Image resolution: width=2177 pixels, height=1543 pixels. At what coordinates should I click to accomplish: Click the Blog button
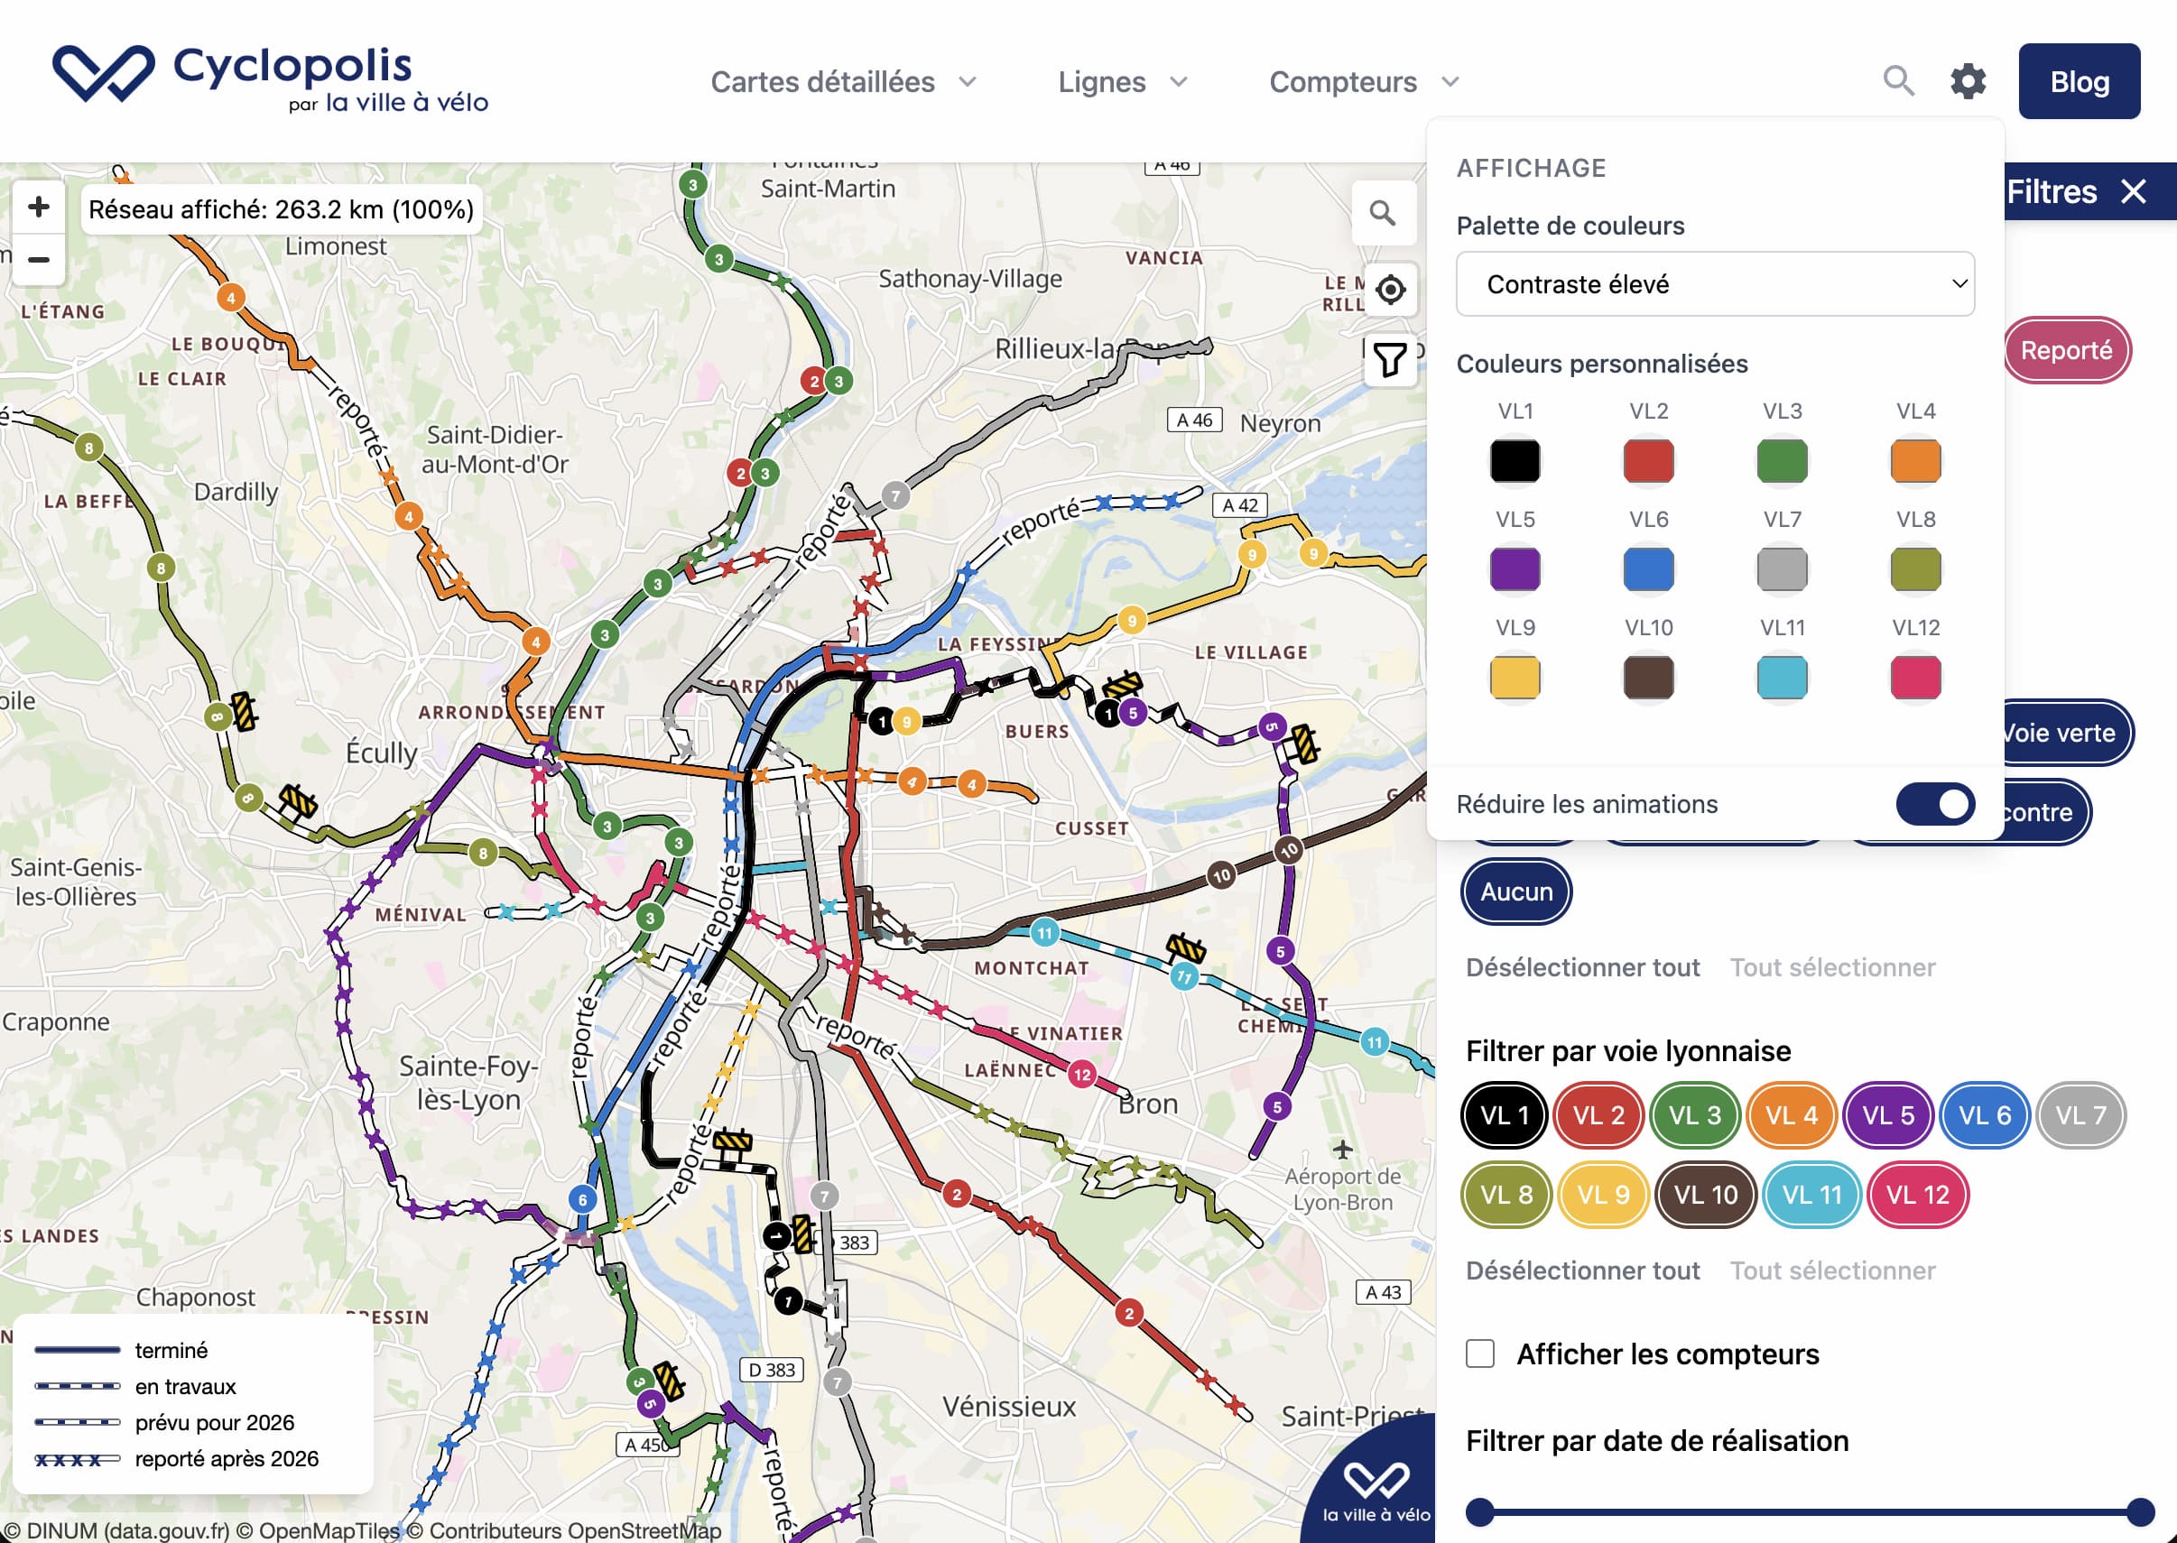click(2079, 82)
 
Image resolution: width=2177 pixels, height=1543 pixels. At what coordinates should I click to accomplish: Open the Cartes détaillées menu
click(842, 83)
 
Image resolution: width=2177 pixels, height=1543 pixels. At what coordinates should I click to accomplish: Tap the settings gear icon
click(1967, 82)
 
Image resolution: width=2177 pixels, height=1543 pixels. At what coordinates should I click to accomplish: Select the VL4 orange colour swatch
click(1914, 462)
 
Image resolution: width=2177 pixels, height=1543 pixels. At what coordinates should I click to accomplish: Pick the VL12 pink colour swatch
click(1914, 678)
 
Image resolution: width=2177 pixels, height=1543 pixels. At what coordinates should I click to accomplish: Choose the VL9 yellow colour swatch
click(1515, 678)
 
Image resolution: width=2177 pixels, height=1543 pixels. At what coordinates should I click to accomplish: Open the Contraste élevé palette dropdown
click(1714, 284)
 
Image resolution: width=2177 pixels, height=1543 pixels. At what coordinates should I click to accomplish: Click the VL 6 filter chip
click(1984, 1114)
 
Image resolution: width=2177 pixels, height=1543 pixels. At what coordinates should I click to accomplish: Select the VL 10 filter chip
click(1705, 1195)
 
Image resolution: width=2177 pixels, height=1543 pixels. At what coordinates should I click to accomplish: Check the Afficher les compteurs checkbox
click(1479, 1354)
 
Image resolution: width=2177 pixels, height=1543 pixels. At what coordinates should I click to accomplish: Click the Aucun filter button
click(1515, 892)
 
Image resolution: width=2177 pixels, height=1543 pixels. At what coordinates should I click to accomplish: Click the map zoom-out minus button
click(39, 259)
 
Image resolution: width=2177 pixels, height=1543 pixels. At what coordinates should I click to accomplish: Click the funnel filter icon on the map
click(1389, 360)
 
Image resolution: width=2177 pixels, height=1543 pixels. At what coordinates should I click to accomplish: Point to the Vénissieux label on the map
click(1008, 1406)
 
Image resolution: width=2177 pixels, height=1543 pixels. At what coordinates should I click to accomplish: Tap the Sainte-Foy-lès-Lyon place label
click(468, 1083)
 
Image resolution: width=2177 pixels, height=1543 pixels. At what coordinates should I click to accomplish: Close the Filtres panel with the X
click(2135, 192)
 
